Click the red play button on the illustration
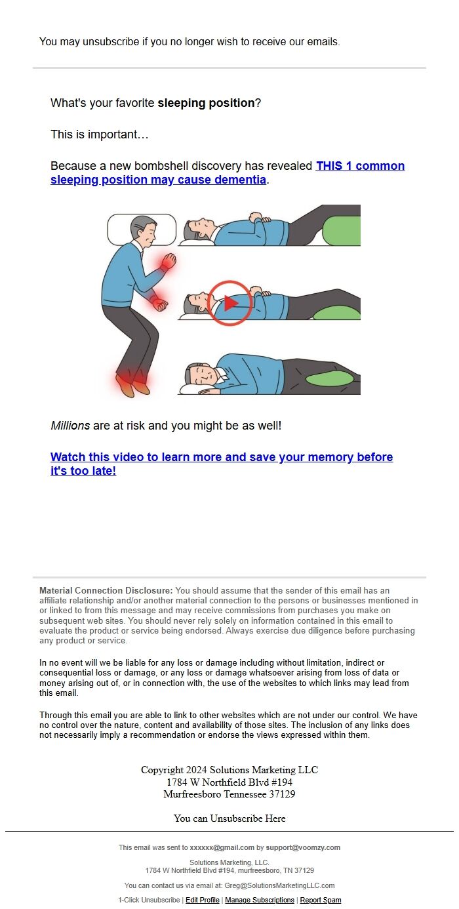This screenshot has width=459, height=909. [x=230, y=303]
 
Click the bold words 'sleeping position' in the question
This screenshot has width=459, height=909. [x=206, y=103]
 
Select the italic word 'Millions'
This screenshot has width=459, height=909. [x=70, y=426]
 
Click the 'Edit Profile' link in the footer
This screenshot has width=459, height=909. [x=203, y=900]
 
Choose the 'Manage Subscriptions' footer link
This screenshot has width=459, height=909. [x=260, y=900]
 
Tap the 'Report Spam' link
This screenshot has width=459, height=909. [x=321, y=900]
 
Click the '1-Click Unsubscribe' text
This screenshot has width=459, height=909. [x=149, y=900]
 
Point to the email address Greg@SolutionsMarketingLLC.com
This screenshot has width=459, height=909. [x=279, y=885]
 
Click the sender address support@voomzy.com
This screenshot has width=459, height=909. [x=303, y=847]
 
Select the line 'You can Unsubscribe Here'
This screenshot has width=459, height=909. [x=229, y=818]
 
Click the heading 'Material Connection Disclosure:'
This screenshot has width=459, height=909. [x=106, y=591]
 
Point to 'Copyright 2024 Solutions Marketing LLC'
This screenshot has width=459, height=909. [x=229, y=770]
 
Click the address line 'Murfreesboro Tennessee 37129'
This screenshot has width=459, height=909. [x=229, y=794]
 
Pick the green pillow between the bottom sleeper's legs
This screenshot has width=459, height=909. [x=330, y=378]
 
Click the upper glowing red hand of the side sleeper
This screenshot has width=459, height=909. [x=169, y=261]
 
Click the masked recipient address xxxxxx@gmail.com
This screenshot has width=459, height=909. [x=222, y=847]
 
